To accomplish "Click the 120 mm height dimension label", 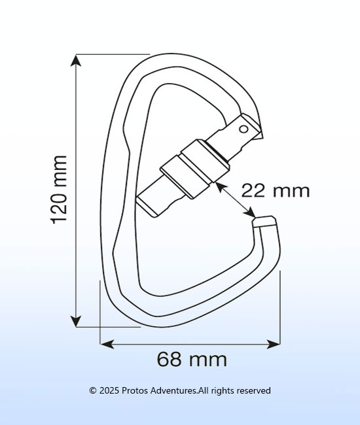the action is [x=59, y=190].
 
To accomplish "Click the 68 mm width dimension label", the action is [x=192, y=359].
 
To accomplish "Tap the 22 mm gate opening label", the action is [x=275, y=190].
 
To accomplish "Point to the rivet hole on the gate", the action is [x=243, y=129].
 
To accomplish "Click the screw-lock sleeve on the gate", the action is [x=194, y=169].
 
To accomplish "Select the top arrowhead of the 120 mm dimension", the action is [x=76, y=60].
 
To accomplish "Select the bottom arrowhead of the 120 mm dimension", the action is [x=76, y=321].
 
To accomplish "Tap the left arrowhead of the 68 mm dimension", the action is [x=107, y=345].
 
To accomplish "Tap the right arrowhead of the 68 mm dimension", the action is [x=274, y=345].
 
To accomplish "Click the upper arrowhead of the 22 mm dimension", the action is [x=221, y=187].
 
